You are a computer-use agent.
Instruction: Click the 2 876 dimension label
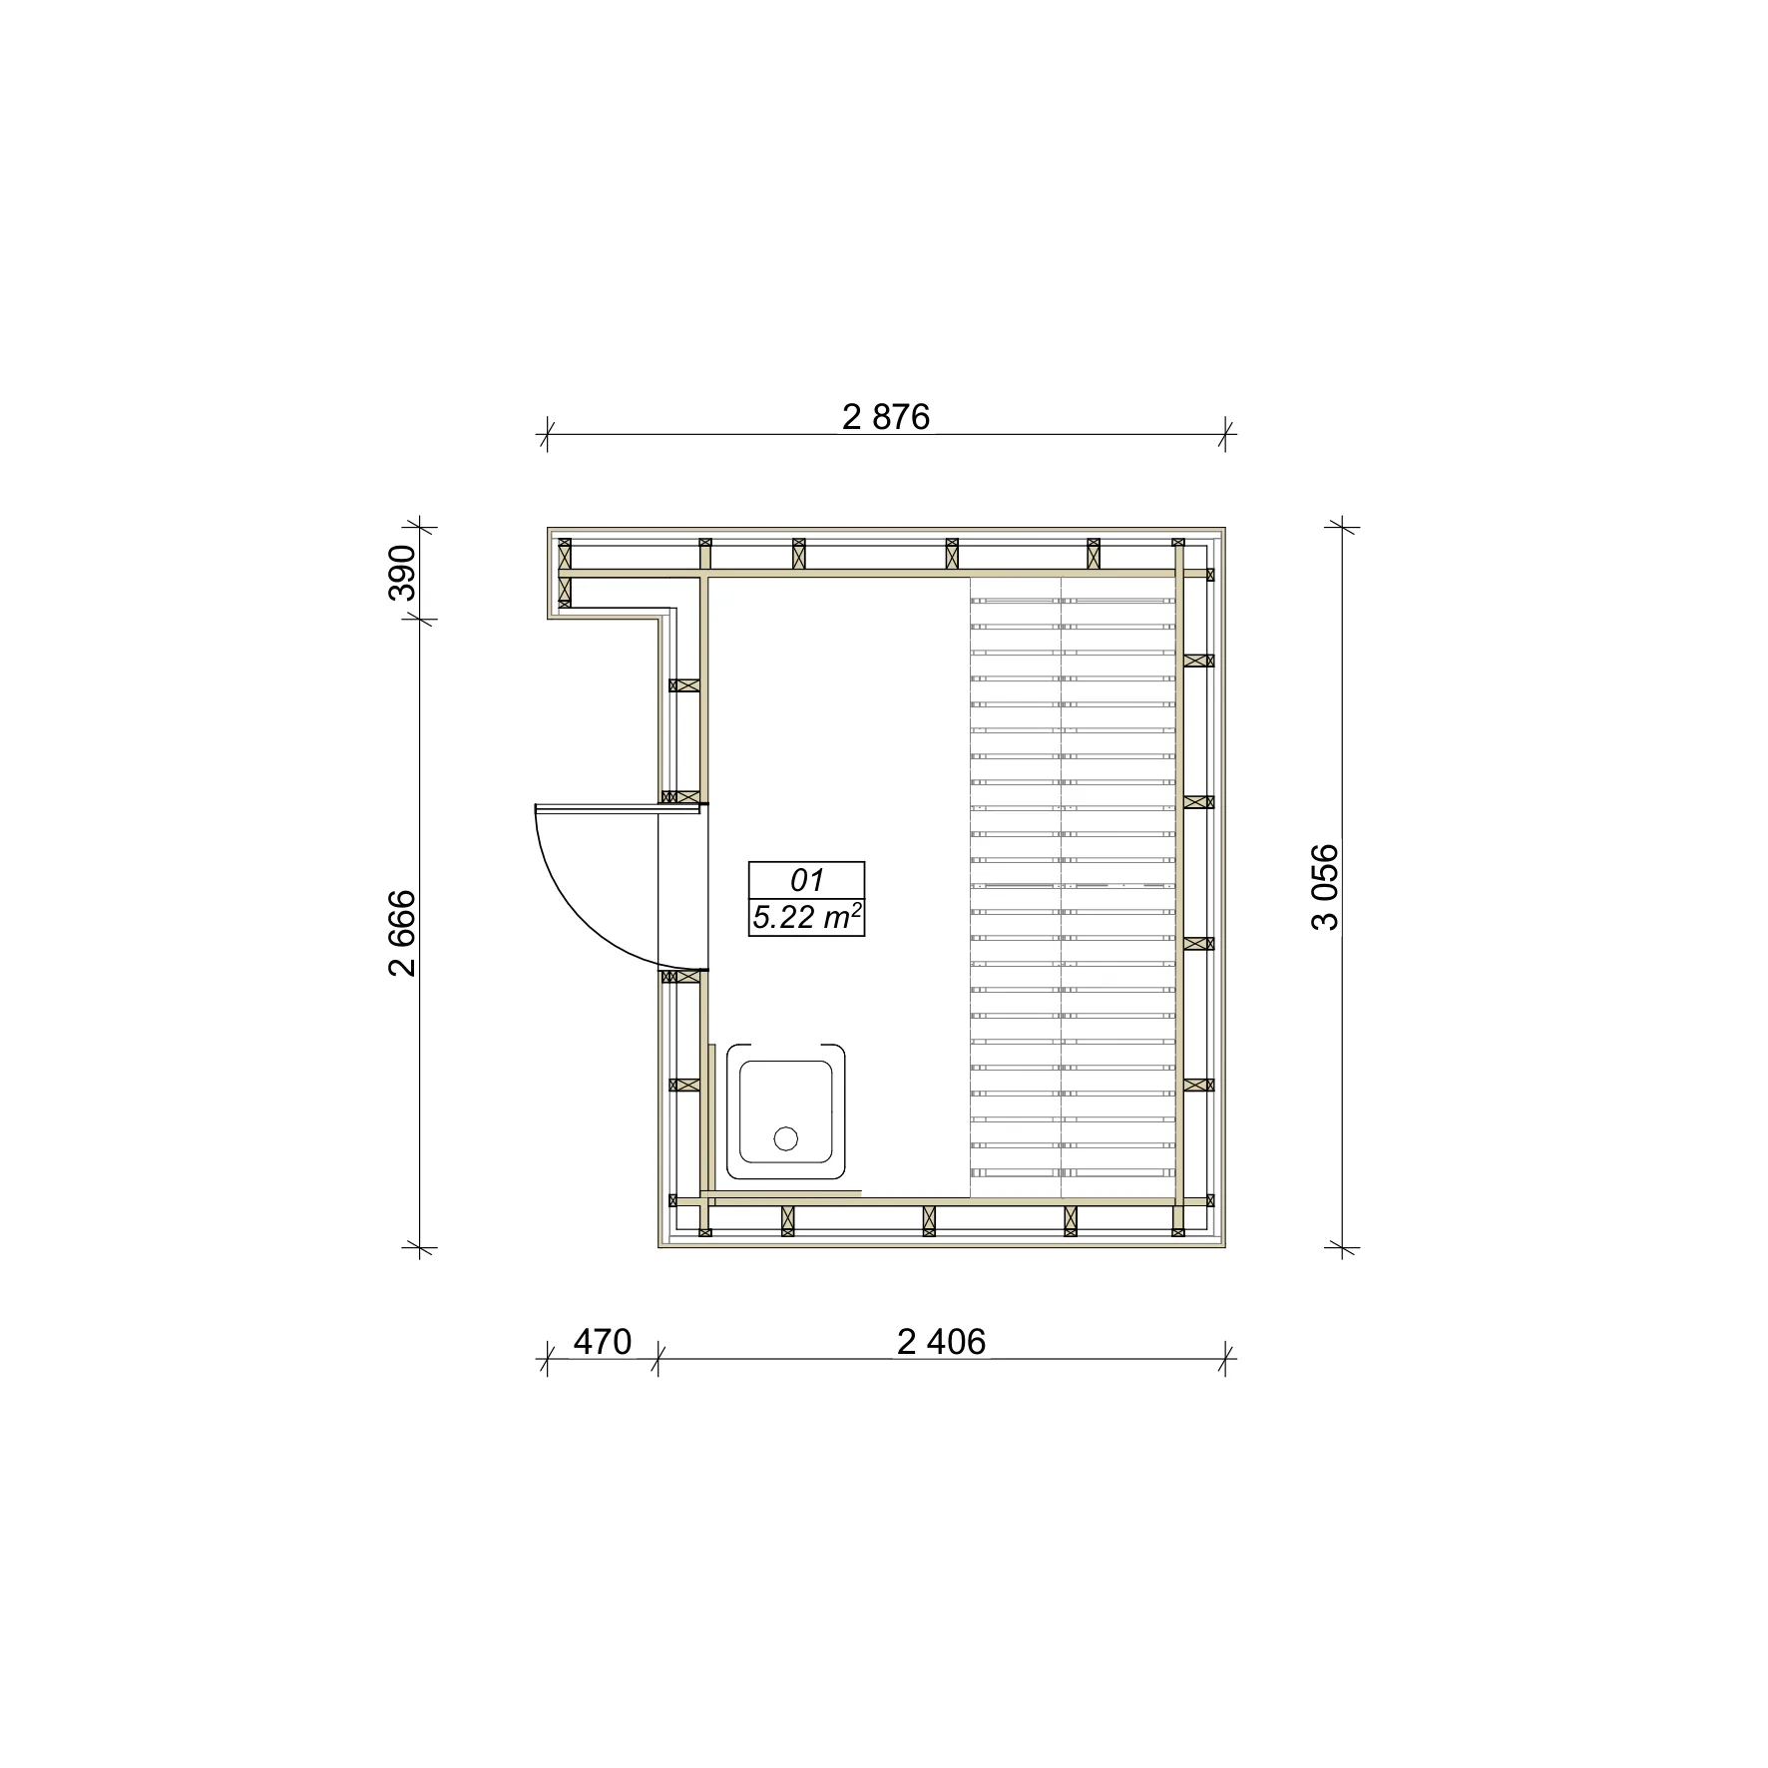pos(886,417)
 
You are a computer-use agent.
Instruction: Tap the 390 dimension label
pos(402,572)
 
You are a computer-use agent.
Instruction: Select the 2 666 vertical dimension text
pos(402,933)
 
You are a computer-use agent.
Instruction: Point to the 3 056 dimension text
pos(1325,887)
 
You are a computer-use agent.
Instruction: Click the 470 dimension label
pos(603,1342)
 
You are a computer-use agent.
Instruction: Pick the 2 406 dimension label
pos(941,1342)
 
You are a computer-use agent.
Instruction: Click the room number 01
pos(806,880)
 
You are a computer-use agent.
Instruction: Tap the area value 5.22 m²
pos(807,917)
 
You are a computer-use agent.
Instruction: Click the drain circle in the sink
pos(786,1137)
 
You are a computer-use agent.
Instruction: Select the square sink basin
pos(786,1110)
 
